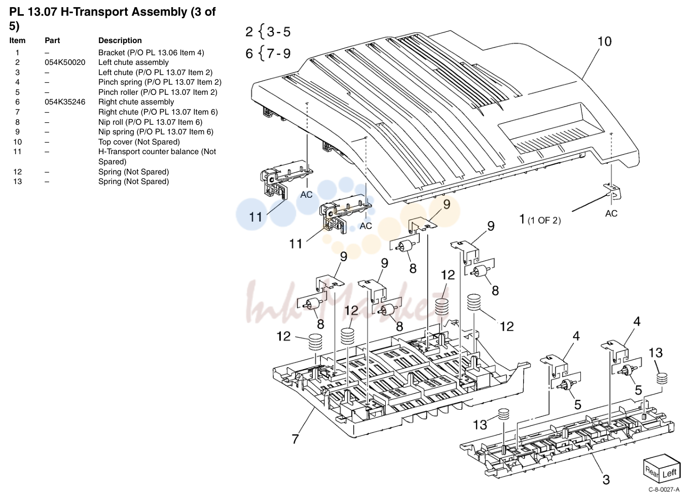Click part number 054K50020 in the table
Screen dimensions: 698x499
(x=65, y=62)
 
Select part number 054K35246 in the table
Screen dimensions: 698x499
(x=65, y=102)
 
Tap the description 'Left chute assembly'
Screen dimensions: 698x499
(x=133, y=62)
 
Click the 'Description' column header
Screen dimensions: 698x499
(x=120, y=41)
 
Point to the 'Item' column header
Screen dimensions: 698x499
(x=17, y=41)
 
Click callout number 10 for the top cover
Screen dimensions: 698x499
(x=604, y=42)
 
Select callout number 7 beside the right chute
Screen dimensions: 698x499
(x=295, y=439)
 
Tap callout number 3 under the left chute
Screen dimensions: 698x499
(x=606, y=480)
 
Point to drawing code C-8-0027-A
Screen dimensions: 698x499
(x=664, y=490)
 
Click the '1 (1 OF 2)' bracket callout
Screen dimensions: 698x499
(x=540, y=220)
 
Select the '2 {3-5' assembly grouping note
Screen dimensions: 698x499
(x=268, y=32)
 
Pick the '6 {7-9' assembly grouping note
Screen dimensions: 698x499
(x=268, y=53)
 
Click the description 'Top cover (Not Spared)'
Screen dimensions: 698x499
(x=139, y=142)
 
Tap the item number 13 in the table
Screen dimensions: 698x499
(x=17, y=182)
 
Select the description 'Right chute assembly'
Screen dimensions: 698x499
(x=136, y=102)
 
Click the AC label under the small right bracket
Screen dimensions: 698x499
(x=611, y=213)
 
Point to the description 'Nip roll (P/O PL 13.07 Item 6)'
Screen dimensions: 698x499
(x=150, y=122)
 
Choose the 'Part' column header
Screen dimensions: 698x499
(x=52, y=41)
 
